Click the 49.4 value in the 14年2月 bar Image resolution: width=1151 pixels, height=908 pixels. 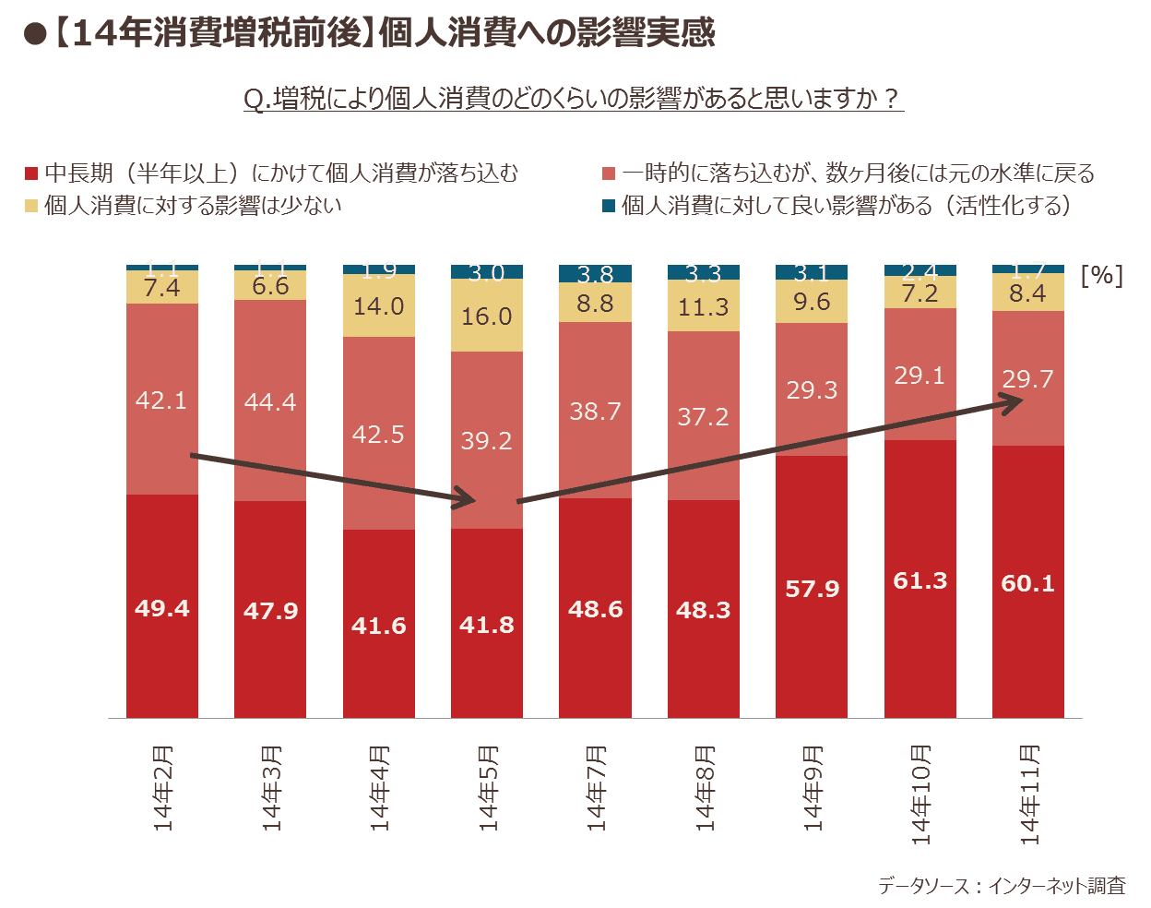point(162,608)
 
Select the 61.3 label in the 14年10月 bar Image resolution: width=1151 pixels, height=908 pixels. point(920,580)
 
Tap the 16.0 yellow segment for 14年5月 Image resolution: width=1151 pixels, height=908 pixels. point(487,317)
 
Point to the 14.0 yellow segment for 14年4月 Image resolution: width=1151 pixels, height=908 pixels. point(378,306)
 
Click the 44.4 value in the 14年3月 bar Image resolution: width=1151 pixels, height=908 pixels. point(270,402)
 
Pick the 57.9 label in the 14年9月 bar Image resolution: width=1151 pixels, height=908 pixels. point(813,589)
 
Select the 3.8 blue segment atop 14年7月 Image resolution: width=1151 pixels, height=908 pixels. point(595,274)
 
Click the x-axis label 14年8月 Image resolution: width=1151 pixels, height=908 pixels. point(705,789)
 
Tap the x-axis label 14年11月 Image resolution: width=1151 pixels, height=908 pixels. point(1029,794)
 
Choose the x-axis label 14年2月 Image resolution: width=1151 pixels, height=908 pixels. point(163,789)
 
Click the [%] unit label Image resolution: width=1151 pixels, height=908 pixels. point(1101,275)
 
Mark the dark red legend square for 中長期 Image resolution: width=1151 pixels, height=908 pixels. point(31,173)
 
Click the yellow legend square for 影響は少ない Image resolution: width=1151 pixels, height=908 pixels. point(31,205)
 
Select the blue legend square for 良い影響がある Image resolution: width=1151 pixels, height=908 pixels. point(609,205)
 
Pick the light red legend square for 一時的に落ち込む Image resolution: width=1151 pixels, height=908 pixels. point(609,173)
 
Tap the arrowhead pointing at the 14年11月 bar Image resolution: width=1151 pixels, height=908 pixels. point(1015,400)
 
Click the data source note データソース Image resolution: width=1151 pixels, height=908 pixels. point(1002,886)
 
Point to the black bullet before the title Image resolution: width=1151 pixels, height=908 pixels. point(34,34)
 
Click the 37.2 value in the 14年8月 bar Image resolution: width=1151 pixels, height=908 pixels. point(704,417)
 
